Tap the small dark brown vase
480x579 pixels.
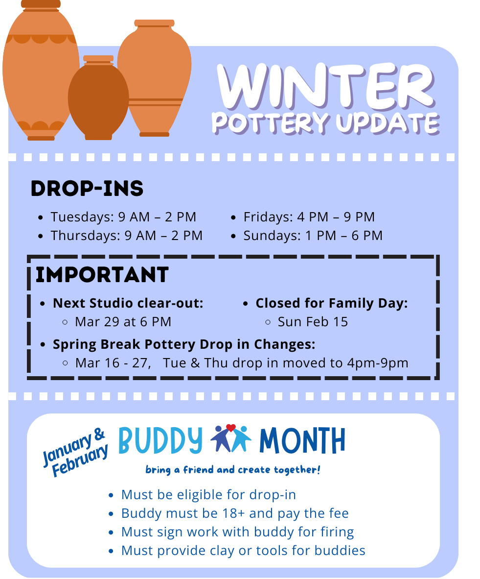click(x=98, y=98)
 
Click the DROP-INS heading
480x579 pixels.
click(x=87, y=188)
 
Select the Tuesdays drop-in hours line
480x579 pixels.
click(x=123, y=217)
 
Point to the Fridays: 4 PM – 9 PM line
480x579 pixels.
click(x=309, y=217)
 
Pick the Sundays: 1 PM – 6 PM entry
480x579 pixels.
click(x=313, y=236)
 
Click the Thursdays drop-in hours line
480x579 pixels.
click(x=127, y=236)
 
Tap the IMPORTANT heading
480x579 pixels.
click(x=102, y=275)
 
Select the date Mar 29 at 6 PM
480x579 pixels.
click(x=123, y=322)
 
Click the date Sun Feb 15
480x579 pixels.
click(x=313, y=322)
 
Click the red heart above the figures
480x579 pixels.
click(x=231, y=428)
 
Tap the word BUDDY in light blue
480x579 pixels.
click(x=160, y=441)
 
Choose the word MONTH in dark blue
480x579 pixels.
click(x=302, y=440)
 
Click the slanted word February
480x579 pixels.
click(x=80, y=460)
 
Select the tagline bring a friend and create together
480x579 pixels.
click(x=233, y=470)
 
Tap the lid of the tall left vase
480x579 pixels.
click(x=41, y=5)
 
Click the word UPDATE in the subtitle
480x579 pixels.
click(x=388, y=123)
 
